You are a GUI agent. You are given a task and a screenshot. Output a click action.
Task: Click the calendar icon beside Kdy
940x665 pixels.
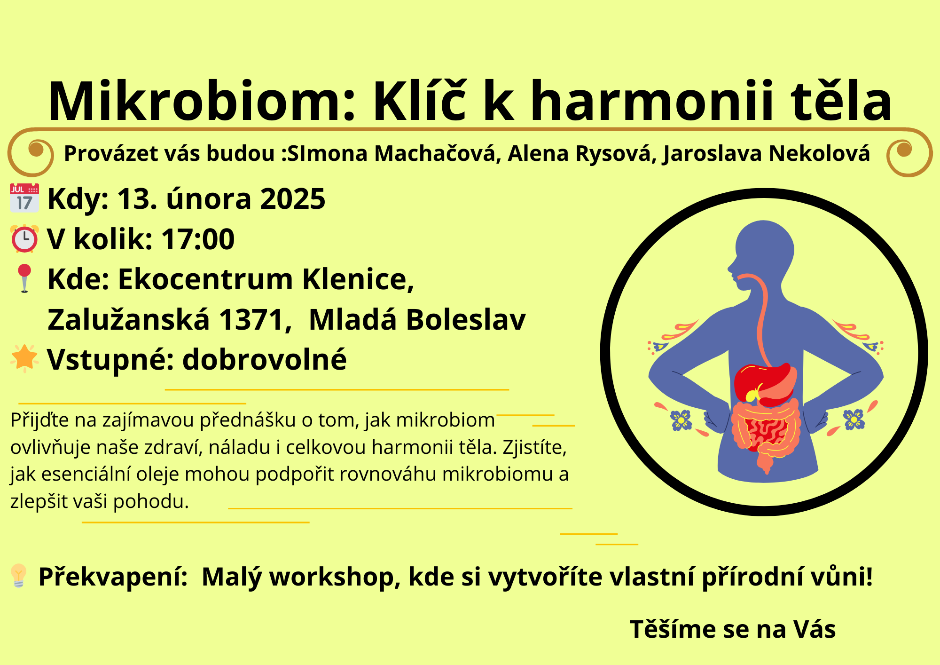pos(24,198)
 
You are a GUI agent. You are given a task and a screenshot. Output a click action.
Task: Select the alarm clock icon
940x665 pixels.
pos(24,239)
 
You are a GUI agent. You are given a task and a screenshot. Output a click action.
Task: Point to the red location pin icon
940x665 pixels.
pos(24,278)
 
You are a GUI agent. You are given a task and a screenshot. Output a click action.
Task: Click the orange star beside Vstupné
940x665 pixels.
pos(24,358)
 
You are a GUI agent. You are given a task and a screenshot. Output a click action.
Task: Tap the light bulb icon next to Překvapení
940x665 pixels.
pos(18,576)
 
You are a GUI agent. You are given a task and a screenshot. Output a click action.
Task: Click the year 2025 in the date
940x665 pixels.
pos(292,199)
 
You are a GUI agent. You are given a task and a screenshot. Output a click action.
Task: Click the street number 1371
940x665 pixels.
pos(251,320)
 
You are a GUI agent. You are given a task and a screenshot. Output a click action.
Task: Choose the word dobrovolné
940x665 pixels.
pos(264,360)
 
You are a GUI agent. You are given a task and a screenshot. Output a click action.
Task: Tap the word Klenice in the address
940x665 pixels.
pos(358,279)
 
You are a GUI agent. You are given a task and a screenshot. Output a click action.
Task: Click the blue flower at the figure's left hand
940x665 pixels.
pos(681,420)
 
